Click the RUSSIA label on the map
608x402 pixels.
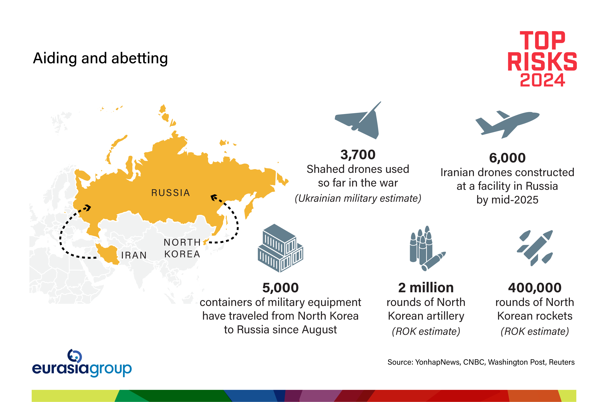pos(171,193)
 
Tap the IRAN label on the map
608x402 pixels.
pos(134,255)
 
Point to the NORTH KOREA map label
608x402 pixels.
pos(182,248)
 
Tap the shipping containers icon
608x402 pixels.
pos(281,248)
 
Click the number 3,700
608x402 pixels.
pos(358,155)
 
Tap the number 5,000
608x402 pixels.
pos(281,288)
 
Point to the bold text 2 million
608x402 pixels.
pos(426,288)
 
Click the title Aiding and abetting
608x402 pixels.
pos(100,58)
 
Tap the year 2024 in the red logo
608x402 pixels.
pos(542,80)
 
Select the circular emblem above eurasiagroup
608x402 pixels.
pos(75,356)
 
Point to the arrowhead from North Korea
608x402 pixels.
pos(214,198)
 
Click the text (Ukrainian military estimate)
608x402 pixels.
pos(358,198)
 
